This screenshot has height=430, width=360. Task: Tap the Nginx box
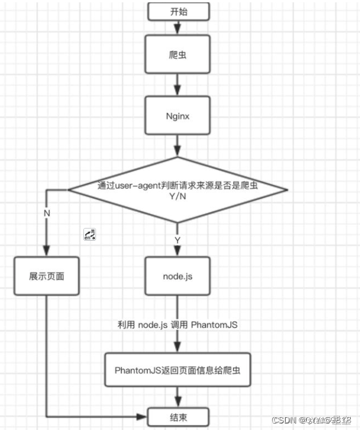click(x=177, y=116)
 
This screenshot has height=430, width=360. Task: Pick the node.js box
click(x=177, y=276)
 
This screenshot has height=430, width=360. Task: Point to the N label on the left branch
click(x=47, y=212)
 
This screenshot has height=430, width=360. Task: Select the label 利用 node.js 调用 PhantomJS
click(x=177, y=325)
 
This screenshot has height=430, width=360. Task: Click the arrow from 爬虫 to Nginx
click(x=177, y=87)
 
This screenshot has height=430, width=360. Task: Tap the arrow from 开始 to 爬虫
click(x=177, y=26)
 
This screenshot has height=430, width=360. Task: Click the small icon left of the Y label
click(x=90, y=234)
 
